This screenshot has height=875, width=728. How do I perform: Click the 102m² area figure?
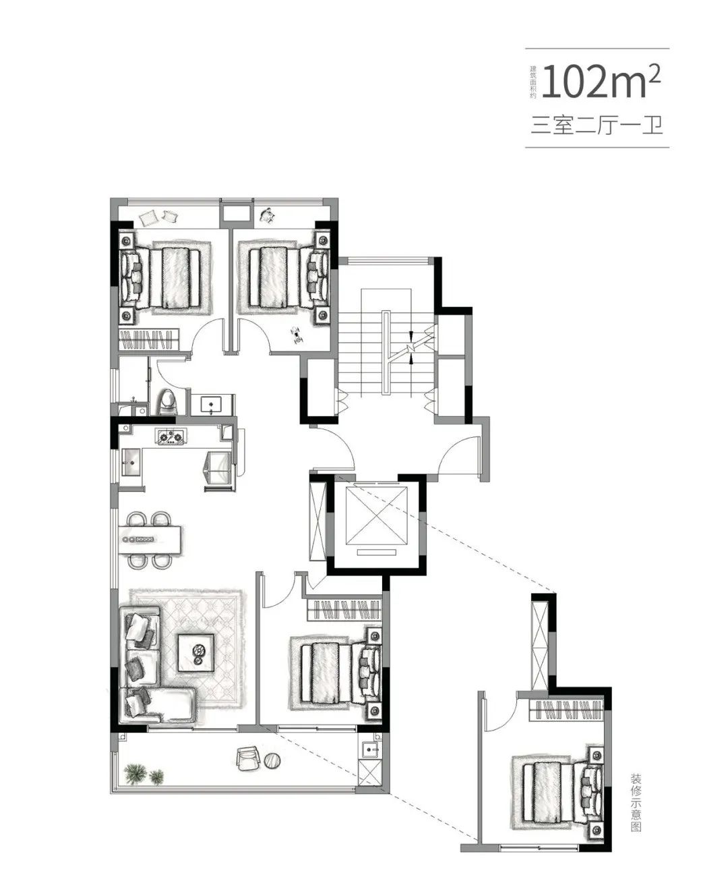(601, 82)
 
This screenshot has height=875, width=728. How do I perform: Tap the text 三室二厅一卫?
(597, 125)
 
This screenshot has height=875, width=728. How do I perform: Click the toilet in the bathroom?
(169, 401)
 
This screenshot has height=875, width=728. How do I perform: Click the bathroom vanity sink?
(212, 404)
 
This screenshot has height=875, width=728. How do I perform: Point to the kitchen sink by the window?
(131, 462)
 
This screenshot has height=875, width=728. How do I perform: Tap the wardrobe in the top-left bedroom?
(150, 339)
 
